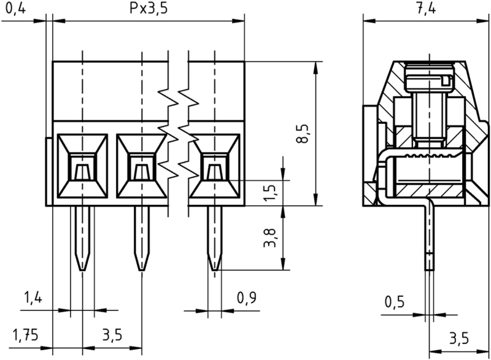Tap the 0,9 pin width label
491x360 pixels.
[x=245, y=299]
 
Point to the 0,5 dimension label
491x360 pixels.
[x=395, y=302]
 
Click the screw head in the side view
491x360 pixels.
[x=428, y=79]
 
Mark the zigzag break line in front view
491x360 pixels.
[x=177, y=132]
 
